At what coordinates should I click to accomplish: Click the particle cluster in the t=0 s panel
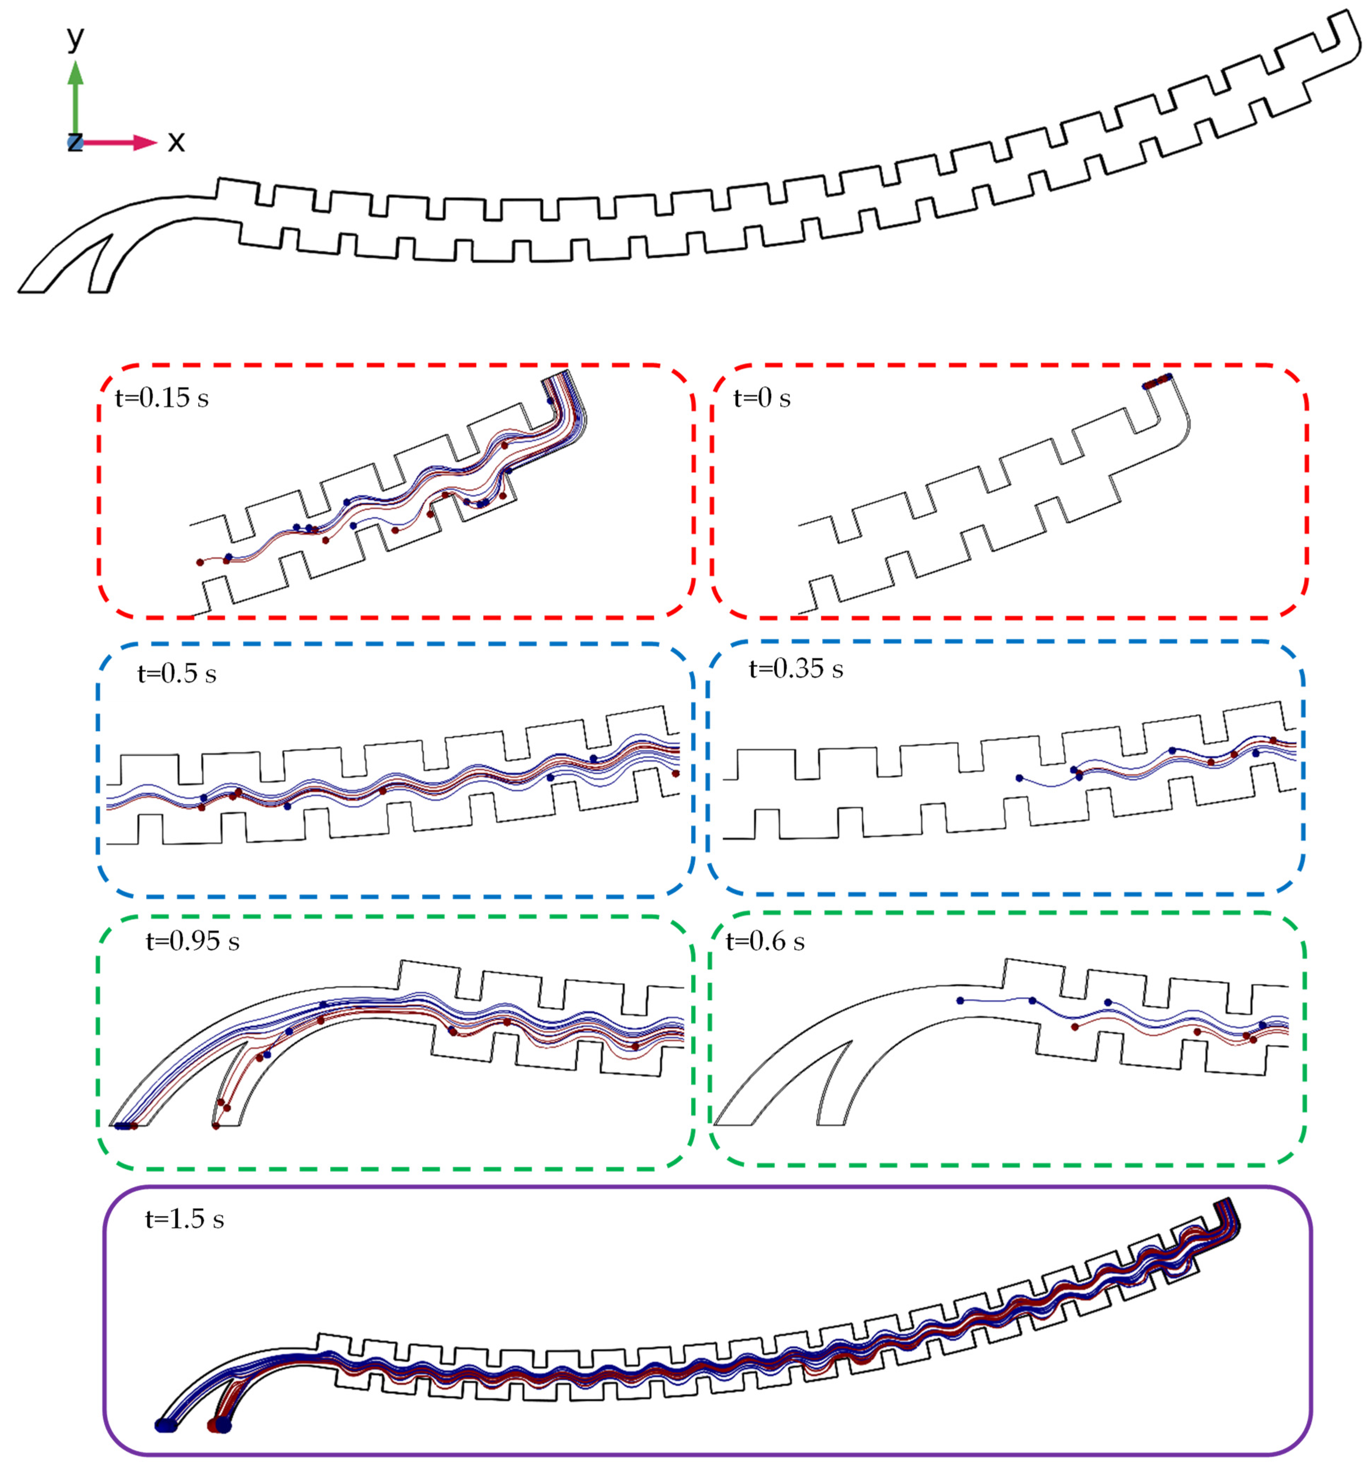(1156, 381)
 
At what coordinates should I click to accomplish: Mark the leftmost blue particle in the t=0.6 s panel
(960, 1000)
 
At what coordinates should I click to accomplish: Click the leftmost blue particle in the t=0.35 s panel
(1019, 778)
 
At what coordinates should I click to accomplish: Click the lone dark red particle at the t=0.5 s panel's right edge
(676, 774)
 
